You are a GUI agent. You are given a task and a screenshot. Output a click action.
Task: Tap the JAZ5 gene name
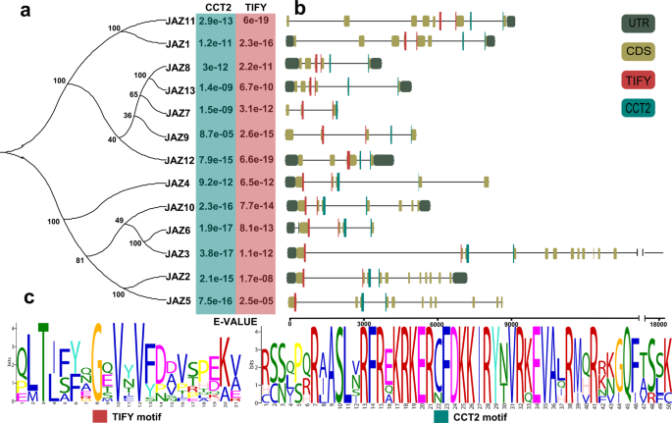tap(177, 299)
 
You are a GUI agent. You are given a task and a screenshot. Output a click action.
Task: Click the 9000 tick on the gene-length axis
tap(511, 322)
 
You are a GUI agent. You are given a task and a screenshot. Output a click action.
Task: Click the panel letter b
tap(300, 9)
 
